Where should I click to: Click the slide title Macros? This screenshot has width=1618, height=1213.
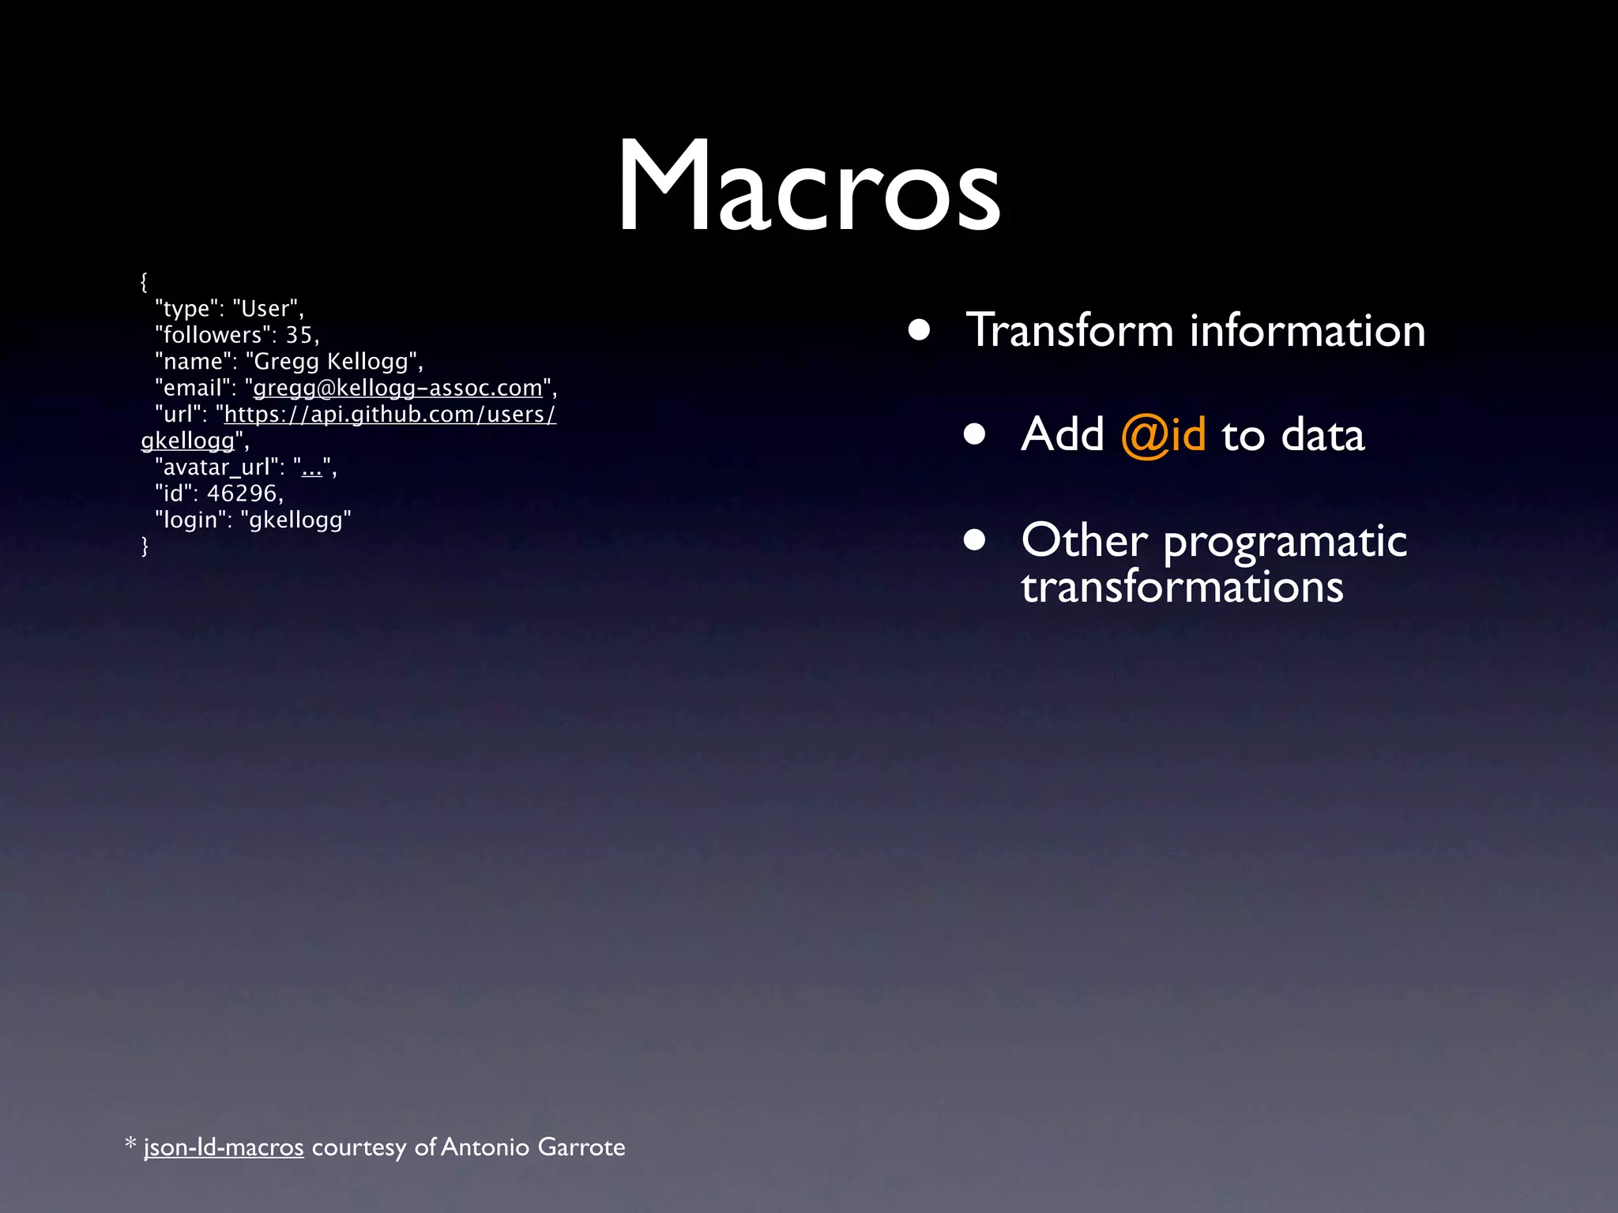[808, 186]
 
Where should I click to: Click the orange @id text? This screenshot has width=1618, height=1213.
[1163, 435]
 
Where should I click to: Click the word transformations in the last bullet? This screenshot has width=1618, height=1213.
[1182, 588]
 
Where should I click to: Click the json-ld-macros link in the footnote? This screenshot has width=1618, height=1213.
[224, 1147]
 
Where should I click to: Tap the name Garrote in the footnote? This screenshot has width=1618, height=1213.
[581, 1147]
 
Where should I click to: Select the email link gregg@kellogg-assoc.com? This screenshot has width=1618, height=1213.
[397, 388]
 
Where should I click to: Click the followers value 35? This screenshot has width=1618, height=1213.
[299, 335]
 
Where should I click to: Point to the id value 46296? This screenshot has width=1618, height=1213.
[242, 494]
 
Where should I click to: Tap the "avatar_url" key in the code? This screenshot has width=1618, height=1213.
[216, 468]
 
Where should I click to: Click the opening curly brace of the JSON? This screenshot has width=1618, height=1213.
[144, 282]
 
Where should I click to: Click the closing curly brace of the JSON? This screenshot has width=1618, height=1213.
[145, 546]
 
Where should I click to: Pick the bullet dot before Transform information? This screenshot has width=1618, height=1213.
[919, 329]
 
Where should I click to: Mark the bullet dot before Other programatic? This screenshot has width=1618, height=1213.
[974, 540]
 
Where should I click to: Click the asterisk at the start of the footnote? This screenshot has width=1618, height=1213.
[131, 1144]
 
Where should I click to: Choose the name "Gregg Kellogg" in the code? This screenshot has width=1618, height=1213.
[331, 362]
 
